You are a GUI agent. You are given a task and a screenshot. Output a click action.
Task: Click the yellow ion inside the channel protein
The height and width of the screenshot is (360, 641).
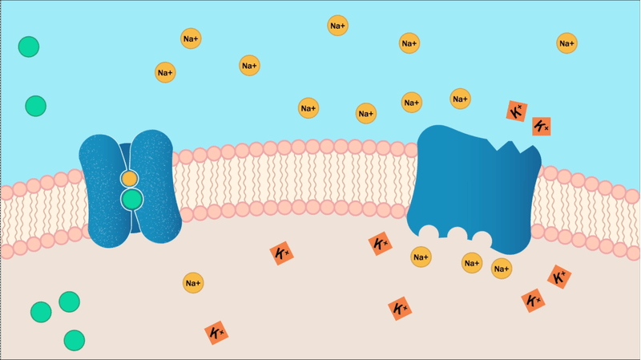coord(130,179)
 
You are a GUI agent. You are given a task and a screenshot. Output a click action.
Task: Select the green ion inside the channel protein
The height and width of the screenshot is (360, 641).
coord(131,199)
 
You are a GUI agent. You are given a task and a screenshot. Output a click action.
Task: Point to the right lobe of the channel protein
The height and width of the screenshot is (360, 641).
coord(155,186)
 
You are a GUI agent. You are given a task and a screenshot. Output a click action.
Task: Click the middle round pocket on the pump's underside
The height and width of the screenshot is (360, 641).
coord(457,234)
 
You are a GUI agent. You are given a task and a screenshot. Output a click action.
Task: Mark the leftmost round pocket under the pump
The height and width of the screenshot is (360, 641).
coord(429,232)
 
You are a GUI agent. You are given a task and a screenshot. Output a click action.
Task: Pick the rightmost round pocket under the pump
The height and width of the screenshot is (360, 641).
coord(482,238)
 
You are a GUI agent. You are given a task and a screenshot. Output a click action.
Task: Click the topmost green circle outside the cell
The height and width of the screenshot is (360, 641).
coord(29,47)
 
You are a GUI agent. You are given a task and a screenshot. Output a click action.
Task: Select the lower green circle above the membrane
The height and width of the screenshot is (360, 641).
coord(35,106)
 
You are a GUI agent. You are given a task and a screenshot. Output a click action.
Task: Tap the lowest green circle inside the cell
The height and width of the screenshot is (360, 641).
coord(75,341)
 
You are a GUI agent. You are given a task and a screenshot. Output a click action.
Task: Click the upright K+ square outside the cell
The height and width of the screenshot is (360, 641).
coord(542,127)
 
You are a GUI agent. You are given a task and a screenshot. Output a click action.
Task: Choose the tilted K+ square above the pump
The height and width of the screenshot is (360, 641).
coord(517,111)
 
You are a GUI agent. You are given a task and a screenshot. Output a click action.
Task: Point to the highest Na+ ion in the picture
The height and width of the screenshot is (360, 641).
coord(337,26)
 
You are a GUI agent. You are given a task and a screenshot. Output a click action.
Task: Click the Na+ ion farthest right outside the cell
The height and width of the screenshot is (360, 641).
coord(566,43)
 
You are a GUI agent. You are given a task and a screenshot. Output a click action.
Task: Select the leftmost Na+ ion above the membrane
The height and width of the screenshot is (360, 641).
coord(165,72)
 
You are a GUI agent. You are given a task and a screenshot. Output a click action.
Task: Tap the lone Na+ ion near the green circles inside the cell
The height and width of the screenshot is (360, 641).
coord(193,283)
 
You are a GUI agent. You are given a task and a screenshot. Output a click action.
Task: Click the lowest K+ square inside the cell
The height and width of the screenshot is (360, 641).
coord(216,333)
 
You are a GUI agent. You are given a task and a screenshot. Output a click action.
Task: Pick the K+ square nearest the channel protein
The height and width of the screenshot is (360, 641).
coord(282,253)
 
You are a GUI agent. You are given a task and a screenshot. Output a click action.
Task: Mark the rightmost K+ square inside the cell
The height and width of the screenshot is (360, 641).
coord(559,277)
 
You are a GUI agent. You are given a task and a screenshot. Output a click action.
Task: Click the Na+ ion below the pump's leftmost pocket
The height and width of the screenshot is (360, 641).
coord(421,257)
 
